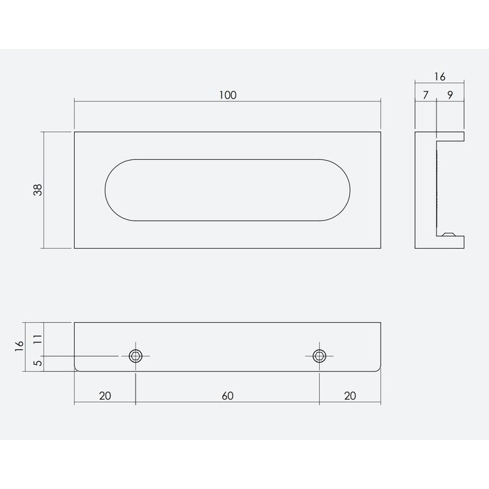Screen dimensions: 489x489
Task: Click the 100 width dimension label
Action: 228,95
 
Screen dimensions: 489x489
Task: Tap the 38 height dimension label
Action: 38,189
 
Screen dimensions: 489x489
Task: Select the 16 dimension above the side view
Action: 439,77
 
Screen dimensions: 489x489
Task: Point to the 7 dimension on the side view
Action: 425,92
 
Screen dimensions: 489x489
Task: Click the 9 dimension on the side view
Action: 450,92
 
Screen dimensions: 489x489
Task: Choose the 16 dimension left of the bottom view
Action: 19,344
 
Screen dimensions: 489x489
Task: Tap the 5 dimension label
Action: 38,363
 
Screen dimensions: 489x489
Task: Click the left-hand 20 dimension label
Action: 105,396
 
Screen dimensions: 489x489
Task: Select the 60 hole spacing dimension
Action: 228,396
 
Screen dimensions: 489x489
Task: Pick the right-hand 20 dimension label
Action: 351,396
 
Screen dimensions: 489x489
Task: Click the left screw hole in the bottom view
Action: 136,356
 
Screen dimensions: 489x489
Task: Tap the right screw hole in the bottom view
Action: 320,356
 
